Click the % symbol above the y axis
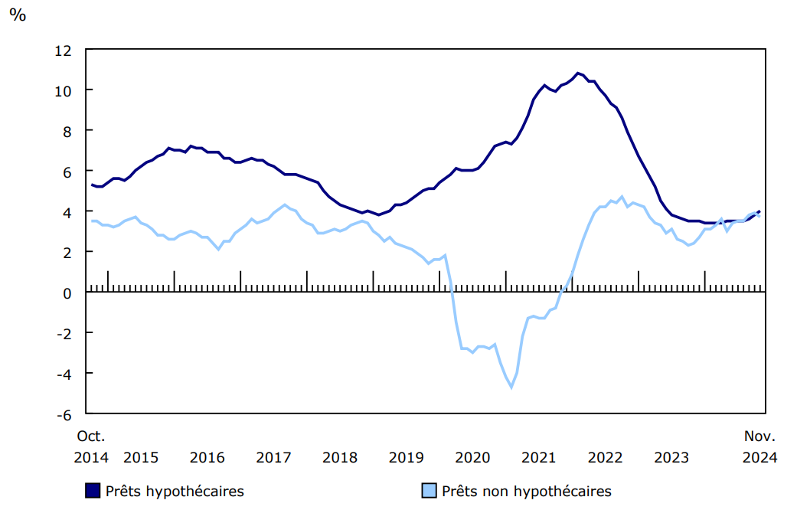(17, 15)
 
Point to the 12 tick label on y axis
(63, 51)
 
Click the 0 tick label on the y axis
(67, 293)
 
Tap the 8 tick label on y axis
(67, 131)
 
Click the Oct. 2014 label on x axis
(91, 446)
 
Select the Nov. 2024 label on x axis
(760, 446)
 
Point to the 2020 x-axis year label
(472, 458)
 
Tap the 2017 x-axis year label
(273, 458)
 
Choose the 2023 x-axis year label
(671, 458)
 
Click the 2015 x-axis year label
(141, 458)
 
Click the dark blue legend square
(93, 491)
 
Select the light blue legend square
(430, 491)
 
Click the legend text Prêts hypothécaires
(175, 491)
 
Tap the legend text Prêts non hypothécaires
(527, 491)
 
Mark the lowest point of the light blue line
(511, 387)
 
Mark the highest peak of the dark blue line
(577, 74)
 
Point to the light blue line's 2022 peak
(622, 197)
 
